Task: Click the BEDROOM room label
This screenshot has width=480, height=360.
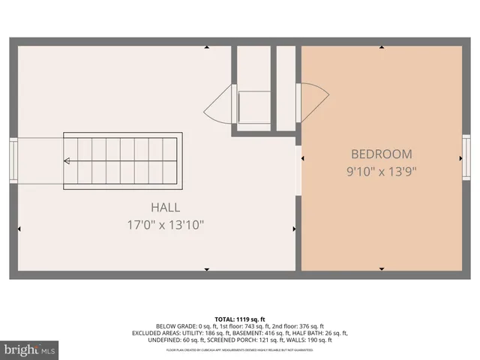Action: click(x=381, y=154)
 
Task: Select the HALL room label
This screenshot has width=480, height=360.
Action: click(x=165, y=207)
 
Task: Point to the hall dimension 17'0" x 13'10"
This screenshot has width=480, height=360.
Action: click(x=165, y=223)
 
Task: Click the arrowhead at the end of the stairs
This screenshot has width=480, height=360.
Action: click(x=67, y=160)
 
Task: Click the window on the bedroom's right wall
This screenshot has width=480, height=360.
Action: click(x=466, y=159)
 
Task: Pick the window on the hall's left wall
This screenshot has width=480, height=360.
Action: click(x=13, y=160)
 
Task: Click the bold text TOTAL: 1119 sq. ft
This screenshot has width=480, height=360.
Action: click(x=240, y=319)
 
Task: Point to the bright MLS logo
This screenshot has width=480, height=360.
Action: click(x=29, y=349)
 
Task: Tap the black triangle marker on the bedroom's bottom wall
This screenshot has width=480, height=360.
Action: click(x=381, y=268)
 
